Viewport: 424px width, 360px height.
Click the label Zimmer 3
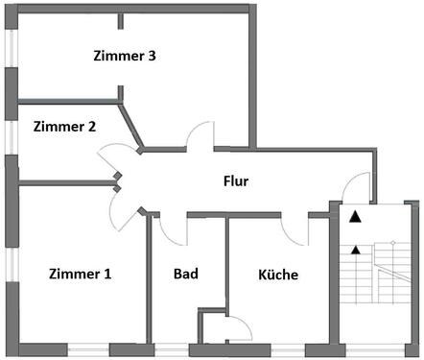pos(125,56)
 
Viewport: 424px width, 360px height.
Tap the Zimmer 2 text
pos(64,126)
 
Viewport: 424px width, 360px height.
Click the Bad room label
pos(186,275)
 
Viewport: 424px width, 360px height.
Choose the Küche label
pos(278,275)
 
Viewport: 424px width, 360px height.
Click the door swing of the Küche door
pos(294,228)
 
